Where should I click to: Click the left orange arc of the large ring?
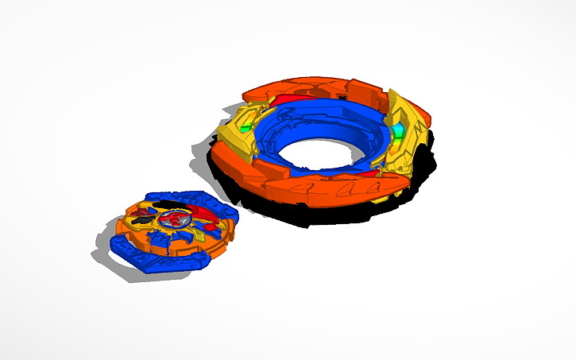click(x=234, y=167)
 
